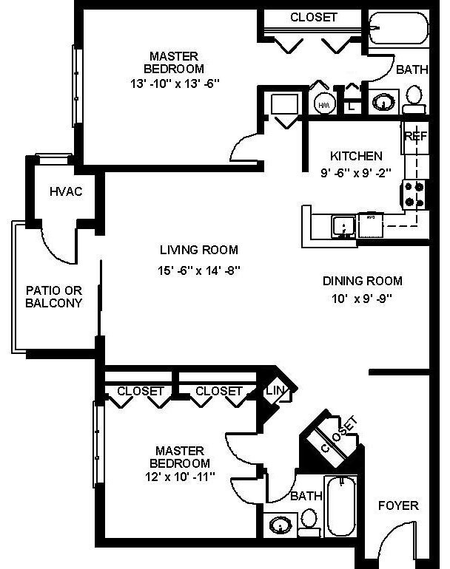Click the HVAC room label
coord(66,192)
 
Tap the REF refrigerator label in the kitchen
coord(414,137)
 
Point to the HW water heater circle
coord(324,105)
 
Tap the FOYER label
coord(397,506)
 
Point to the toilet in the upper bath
coord(414,98)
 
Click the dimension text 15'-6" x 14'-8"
coord(200,271)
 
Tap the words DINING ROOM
coord(362,281)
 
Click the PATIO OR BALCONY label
coord(53,296)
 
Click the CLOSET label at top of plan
coord(313,17)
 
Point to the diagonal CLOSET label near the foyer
coord(334,435)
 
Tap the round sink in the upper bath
coord(382,101)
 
